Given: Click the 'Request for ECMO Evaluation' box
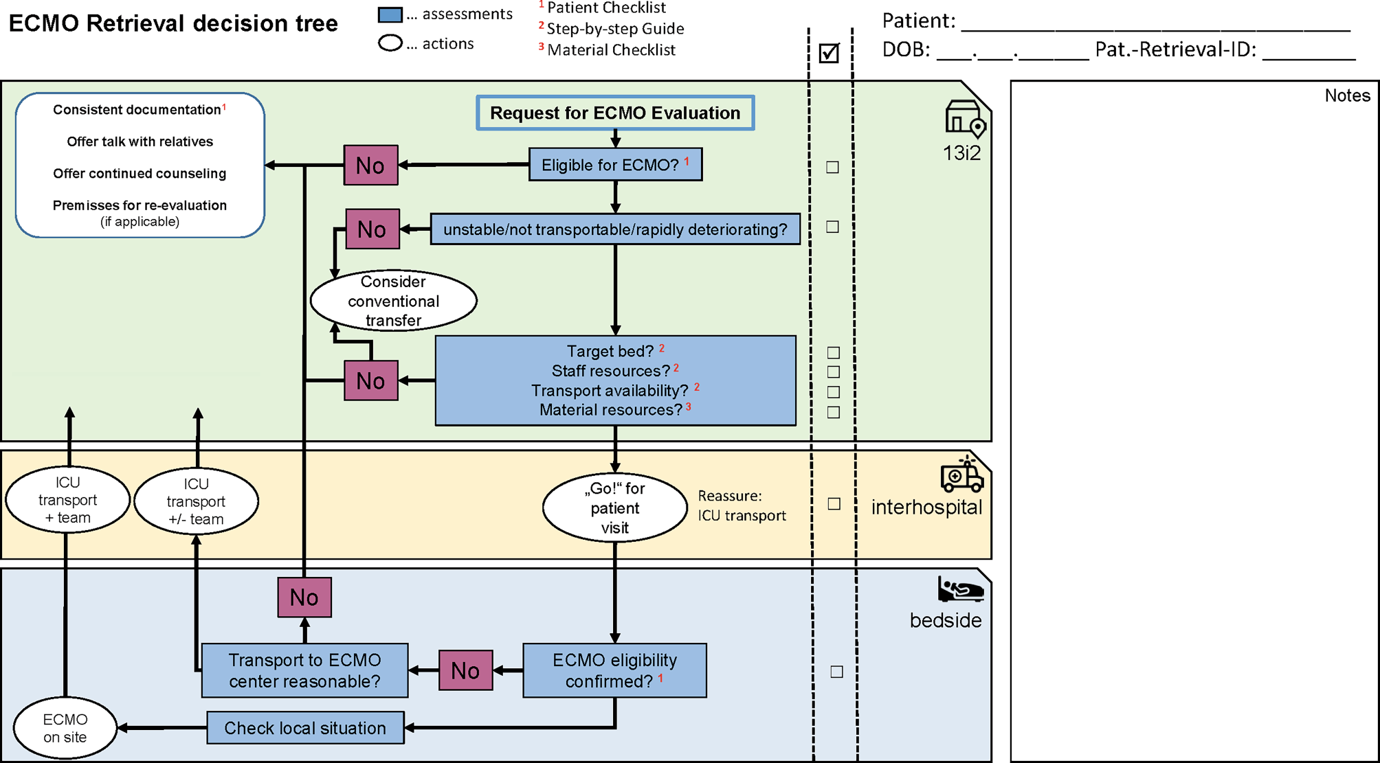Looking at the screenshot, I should (x=615, y=113).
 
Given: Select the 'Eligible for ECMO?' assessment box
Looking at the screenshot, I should (x=615, y=165).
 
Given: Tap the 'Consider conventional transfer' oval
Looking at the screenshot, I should (x=394, y=301).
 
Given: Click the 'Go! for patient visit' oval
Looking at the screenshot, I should (x=614, y=508).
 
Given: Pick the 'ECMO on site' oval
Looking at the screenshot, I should (x=65, y=728).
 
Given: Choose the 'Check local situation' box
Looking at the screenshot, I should (x=305, y=728).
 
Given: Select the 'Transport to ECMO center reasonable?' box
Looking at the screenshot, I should (x=304, y=670).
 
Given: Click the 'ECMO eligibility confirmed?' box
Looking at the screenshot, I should (x=614, y=670).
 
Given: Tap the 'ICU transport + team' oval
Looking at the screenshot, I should (x=67, y=500).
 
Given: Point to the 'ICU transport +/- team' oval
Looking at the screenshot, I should (x=196, y=501).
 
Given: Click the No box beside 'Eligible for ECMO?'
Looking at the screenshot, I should (x=370, y=165).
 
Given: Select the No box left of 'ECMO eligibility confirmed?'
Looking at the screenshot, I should (x=465, y=670).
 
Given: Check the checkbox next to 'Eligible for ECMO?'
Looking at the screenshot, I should (x=832, y=167).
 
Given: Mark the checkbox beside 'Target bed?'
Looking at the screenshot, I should (x=834, y=352).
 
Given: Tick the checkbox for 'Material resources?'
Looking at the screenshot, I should (x=834, y=412).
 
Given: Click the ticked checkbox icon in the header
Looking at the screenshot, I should (x=830, y=53).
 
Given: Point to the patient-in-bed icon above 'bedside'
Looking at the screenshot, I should (x=960, y=589).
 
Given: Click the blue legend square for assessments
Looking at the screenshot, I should (x=390, y=14).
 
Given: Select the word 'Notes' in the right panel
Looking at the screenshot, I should (x=1347, y=95).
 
